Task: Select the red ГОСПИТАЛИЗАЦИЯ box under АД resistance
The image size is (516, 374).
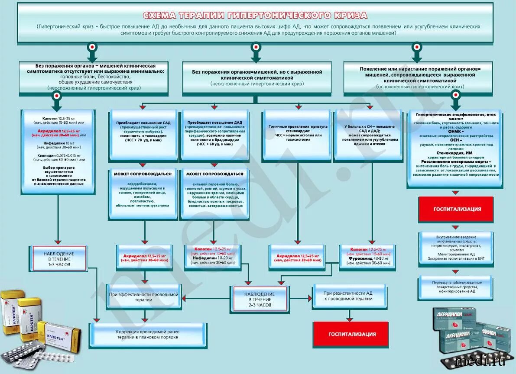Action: (x=351, y=334)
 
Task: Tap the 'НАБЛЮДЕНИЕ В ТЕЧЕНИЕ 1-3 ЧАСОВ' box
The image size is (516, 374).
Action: (x=59, y=259)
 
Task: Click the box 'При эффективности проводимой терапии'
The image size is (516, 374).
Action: (x=143, y=297)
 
